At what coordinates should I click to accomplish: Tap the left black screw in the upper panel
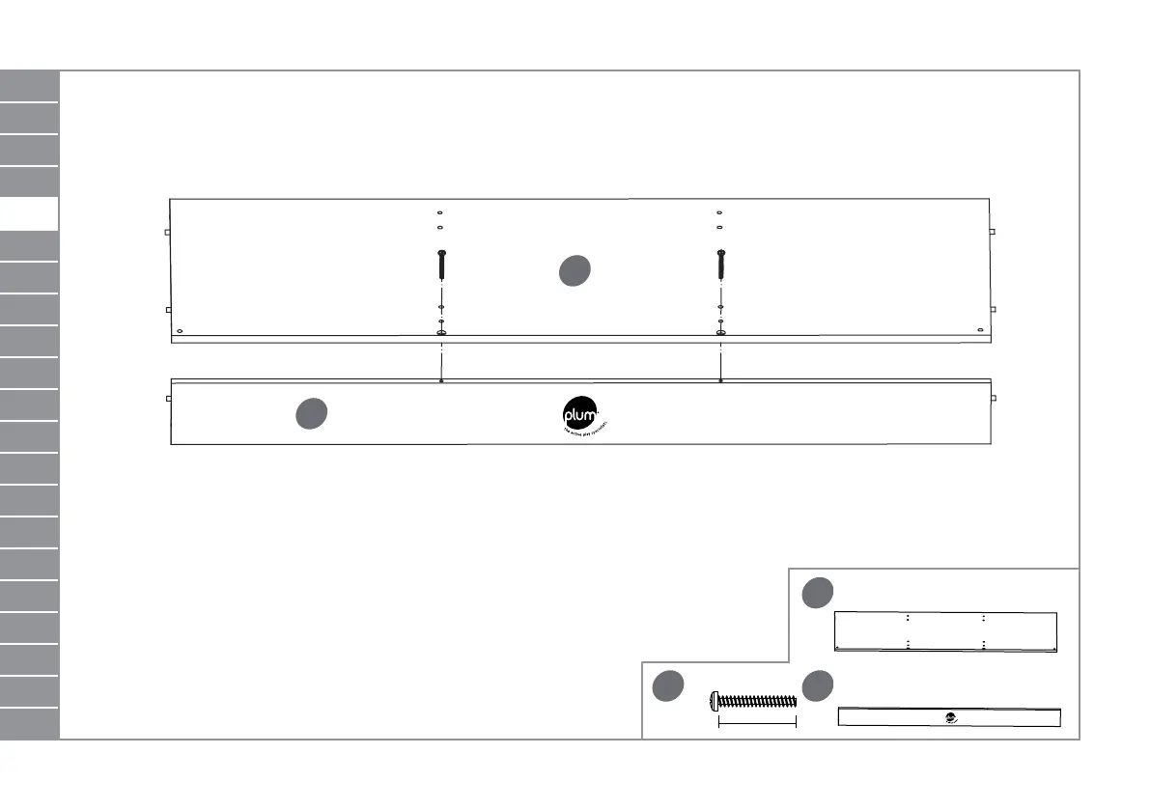pos(440,263)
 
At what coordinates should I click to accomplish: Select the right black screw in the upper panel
pos(720,263)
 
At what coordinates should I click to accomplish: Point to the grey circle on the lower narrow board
pos(310,413)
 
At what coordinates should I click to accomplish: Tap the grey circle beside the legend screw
pos(666,686)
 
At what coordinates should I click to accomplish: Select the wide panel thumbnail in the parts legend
pos(946,632)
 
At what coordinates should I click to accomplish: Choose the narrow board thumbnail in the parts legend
pos(948,717)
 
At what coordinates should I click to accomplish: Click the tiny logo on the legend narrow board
pos(951,717)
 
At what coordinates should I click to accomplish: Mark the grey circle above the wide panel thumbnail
pos(817,593)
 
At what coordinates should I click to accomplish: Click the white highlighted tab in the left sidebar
pos(29,214)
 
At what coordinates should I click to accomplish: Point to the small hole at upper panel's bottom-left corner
pos(180,330)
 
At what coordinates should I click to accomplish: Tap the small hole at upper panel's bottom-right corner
pos(981,330)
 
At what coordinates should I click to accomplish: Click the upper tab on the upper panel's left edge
pos(167,233)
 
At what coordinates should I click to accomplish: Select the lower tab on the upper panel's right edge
pos(994,309)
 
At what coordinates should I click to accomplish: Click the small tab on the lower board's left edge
pos(168,398)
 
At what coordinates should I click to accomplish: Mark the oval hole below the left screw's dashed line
pos(441,333)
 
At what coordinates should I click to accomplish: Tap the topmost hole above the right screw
pos(719,212)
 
